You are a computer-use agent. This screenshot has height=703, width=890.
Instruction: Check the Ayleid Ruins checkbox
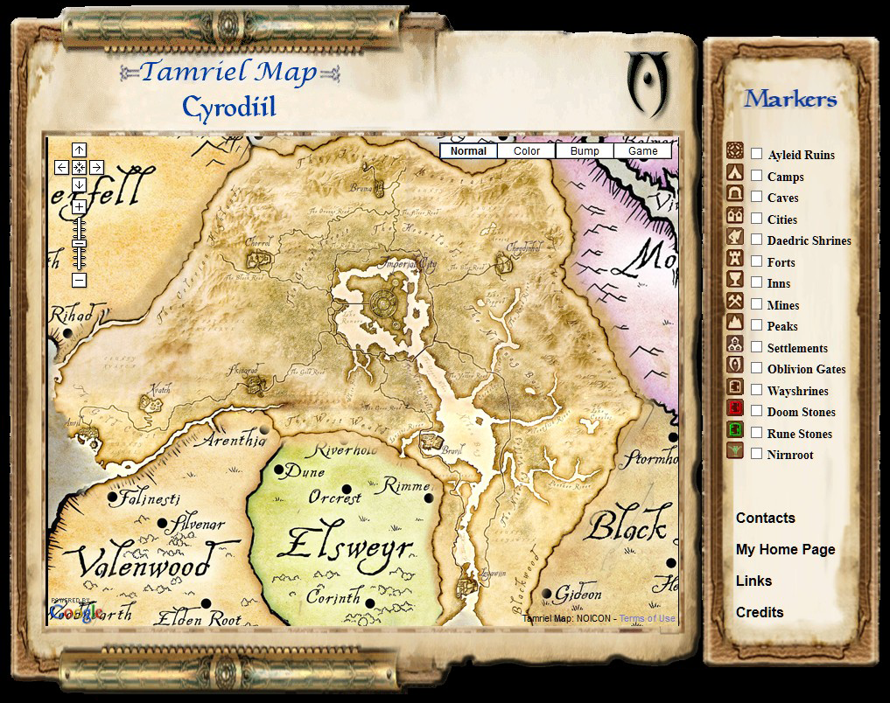click(x=756, y=154)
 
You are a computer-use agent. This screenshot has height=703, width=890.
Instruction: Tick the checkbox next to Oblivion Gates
click(x=756, y=368)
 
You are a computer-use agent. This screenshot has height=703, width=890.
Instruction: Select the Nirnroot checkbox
click(x=756, y=454)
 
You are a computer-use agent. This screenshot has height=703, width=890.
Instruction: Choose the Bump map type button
click(x=585, y=151)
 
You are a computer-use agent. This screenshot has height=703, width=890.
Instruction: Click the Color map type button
click(x=527, y=151)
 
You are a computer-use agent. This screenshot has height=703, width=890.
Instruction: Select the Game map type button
click(x=642, y=151)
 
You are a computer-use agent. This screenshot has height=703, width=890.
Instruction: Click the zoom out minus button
click(x=79, y=280)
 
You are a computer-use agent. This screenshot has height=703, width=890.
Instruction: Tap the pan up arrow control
click(x=79, y=150)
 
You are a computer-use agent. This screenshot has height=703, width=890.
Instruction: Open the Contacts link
click(x=765, y=518)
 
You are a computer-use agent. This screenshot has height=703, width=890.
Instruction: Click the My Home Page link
click(x=785, y=549)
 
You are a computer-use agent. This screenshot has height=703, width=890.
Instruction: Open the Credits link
click(x=760, y=612)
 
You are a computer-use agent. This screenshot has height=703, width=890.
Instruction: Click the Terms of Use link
click(x=648, y=619)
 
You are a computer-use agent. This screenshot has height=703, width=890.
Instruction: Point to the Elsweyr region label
click(x=343, y=544)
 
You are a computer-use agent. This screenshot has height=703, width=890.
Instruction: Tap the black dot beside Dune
click(x=279, y=470)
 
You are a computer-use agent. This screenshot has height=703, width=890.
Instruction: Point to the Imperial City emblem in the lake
click(x=382, y=303)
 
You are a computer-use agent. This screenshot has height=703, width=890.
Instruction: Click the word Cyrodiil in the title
click(x=229, y=108)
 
